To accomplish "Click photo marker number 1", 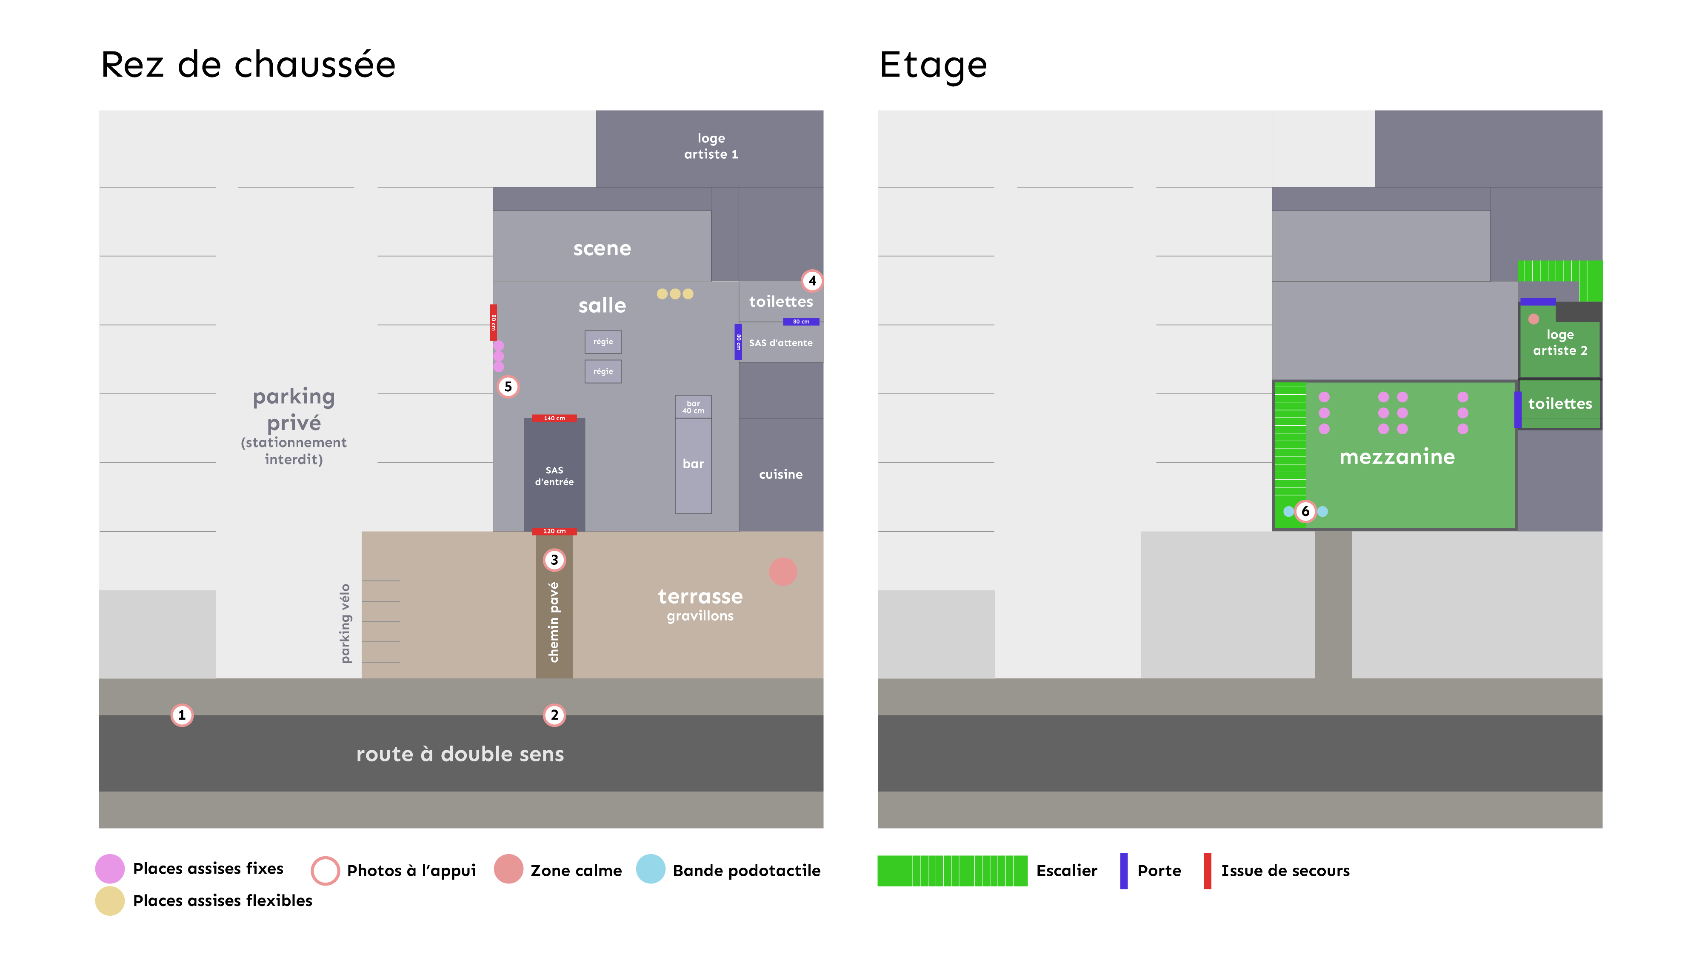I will [x=182, y=715].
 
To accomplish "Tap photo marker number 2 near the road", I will [x=554, y=715].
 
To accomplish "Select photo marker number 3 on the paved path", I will [x=554, y=560].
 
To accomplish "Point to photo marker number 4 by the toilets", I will [x=812, y=281].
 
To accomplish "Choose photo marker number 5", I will [x=508, y=387].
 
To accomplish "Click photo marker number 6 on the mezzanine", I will [x=1305, y=511].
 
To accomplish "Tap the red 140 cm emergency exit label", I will [x=554, y=418].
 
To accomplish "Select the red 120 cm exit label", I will [x=554, y=531].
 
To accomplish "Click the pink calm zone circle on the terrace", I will [x=783, y=571].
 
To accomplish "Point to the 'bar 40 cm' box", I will [x=693, y=407].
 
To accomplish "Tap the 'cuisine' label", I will [x=780, y=474].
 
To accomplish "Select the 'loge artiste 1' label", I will [x=711, y=146].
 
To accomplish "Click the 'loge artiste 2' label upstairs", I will [x=1560, y=342].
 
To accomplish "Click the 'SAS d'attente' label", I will [x=780, y=343].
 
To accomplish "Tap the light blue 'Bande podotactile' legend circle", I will [x=650, y=869].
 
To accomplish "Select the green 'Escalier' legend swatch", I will [x=952, y=871].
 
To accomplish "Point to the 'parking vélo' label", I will [x=345, y=623].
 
